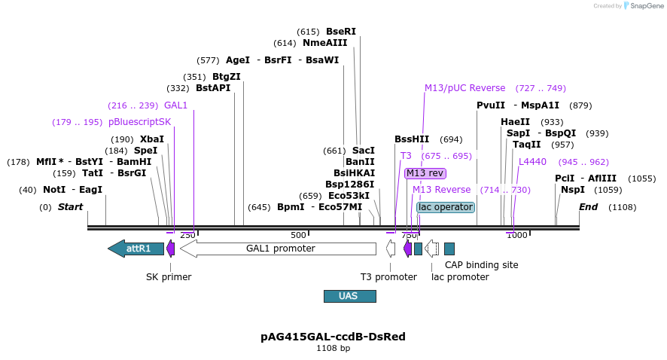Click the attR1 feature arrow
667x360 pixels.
click(x=136, y=249)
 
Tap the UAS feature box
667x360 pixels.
click(x=349, y=296)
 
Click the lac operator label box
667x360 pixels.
click(x=446, y=207)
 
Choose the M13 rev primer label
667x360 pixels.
click(x=425, y=173)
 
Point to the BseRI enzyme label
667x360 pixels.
click(x=340, y=32)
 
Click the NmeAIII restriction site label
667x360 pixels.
click(x=325, y=43)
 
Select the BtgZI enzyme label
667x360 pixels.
click(x=226, y=77)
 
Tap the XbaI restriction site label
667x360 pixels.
click(x=151, y=139)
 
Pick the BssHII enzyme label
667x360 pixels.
click(x=412, y=139)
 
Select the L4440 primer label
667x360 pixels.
click(x=532, y=162)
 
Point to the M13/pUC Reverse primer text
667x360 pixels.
click(x=464, y=88)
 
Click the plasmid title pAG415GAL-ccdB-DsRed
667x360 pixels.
click(x=333, y=336)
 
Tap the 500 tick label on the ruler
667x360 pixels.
click(x=298, y=235)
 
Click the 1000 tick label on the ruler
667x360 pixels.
click(x=516, y=235)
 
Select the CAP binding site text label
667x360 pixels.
click(x=481, y=264)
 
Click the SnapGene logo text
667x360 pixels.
click(x=646, y=6)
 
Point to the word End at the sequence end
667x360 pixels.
click(x=588, y=207)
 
